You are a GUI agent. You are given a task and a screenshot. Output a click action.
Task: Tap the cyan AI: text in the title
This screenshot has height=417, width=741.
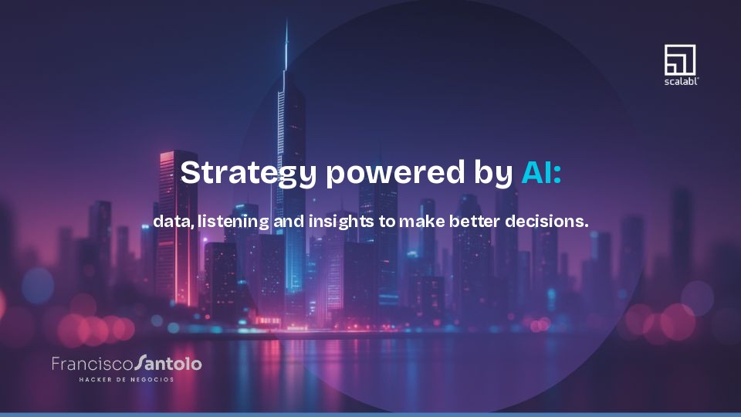point(541,172)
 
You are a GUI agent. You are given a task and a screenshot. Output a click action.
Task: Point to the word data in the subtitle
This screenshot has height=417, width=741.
point(172,222)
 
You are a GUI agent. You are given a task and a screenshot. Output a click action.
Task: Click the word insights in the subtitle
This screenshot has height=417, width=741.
point(340,222)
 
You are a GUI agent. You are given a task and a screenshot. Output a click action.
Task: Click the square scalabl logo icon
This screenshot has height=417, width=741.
point(680,59)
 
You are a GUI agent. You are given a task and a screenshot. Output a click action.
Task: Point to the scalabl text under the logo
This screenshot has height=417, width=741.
point(680,80)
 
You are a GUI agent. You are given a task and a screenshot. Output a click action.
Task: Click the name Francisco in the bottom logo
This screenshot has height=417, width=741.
point(93,363)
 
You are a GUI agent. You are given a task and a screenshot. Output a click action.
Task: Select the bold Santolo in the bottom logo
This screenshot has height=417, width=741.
point(167,363)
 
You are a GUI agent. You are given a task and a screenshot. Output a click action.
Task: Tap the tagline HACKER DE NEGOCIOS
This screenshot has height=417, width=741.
point(127,380)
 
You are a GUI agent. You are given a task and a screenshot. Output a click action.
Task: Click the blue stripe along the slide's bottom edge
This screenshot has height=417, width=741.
point(370,414)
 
